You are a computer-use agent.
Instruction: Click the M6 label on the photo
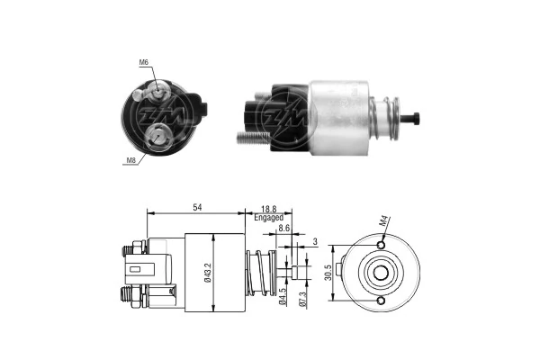click(x=144, y=62)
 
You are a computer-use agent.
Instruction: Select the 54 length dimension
click(x=195, y=208)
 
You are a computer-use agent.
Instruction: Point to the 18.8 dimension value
click(x=268, y=208)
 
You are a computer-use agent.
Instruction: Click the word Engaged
click(x=268, y=218)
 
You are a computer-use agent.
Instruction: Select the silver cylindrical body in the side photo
click(x=340, y=112)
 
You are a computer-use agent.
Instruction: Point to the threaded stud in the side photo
click(x=254, y=138)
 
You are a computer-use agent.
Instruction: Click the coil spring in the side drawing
click(x=258, y=273)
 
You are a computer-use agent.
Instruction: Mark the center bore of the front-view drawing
click(x=382, y=273)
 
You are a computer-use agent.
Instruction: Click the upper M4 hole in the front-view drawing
click(x=382, y=245)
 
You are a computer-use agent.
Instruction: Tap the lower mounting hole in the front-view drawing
click(x=382, y=301)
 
